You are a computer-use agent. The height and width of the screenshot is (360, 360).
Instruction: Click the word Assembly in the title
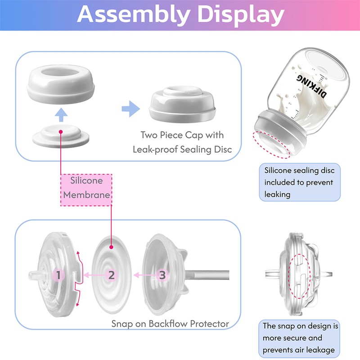point(133,14)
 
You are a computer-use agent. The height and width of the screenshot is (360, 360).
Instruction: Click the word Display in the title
point(241,14)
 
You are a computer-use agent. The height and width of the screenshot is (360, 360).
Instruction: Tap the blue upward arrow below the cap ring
point(61,115)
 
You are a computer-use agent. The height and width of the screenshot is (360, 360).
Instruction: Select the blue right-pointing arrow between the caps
point(130,108)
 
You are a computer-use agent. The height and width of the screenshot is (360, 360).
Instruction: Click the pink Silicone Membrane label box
point(86,190)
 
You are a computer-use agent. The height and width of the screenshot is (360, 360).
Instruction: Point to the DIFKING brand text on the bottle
point(311,85)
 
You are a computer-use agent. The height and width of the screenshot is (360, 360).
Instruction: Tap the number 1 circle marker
point(58,275)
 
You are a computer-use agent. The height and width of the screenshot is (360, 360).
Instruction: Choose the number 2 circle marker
point(111,275)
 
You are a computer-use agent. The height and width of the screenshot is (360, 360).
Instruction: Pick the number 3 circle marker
point(162,275)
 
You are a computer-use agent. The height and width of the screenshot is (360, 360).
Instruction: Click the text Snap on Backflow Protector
point(170,324)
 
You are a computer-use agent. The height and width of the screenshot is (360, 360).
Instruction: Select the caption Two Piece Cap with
point(182,135)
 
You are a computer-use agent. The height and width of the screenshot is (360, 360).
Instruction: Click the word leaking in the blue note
point(277,194)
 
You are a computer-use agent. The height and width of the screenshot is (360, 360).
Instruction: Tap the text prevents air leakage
point(299,350)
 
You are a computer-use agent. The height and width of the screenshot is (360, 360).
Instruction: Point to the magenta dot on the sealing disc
point(61,132)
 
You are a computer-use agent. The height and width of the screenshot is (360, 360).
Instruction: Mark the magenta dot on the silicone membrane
point(111,247)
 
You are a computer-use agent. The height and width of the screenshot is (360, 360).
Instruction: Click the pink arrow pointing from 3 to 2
point(145,275)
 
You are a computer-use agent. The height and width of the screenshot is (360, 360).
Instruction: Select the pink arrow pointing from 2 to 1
point(94,275)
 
